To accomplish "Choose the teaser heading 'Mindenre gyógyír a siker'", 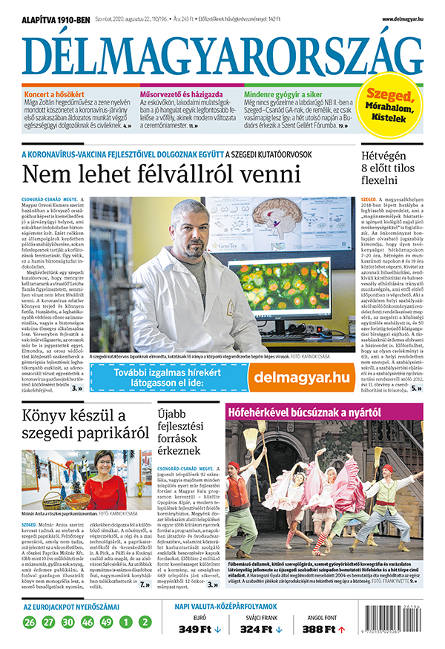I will pyautogui.click(x=294, y=96).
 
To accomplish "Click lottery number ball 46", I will pyautogui.click(x=87, y=622).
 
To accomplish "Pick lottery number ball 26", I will pyautogui.click(x=29, y=622).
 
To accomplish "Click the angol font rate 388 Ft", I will pyautogui.click(x=320, y=629).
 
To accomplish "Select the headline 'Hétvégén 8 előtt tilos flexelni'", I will pyautogui.click(x=390, y=168).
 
